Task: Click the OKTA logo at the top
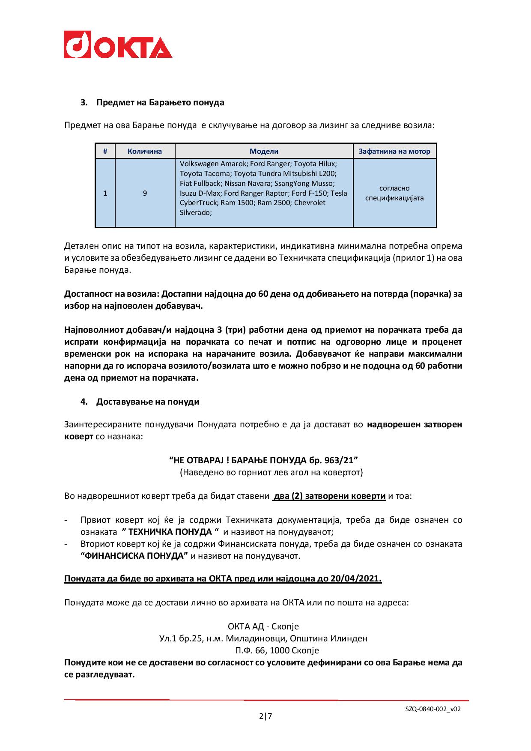[x=118, y=44]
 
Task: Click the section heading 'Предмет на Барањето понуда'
[x=160, y=103]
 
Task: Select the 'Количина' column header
[x=145, y=151]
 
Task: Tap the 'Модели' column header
[x=264, y=151]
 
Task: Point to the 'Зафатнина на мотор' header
[x=394, y=151]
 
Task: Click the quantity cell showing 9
[x=145, y=193]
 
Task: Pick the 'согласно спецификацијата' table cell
[x=394, y=193]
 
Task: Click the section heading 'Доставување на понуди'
[x=148, y=402]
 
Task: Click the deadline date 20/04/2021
[x=355, y=578]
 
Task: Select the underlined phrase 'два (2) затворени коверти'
[x=329, y=496]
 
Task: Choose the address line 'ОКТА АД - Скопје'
[x=263, y=626]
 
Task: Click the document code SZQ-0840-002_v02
[x=433, y=709]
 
